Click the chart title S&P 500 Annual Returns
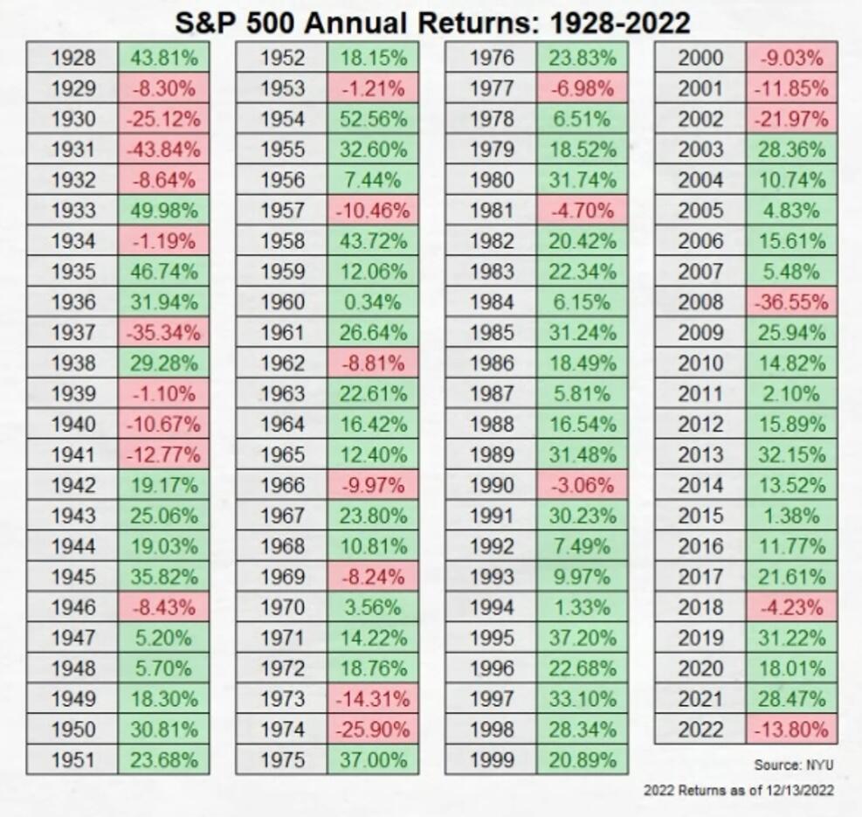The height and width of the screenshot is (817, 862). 432,21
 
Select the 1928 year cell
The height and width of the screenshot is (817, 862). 72,59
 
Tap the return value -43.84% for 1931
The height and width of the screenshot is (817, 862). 164,149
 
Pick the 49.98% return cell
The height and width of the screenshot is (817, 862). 164,211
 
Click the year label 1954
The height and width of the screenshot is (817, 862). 282,119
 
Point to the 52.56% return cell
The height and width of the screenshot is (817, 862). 373,119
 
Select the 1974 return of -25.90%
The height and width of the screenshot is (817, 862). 373,729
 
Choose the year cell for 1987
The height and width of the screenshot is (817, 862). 492,393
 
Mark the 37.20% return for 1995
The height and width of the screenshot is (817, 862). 583,638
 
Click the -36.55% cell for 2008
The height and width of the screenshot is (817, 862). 791,302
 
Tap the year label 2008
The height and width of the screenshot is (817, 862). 700,302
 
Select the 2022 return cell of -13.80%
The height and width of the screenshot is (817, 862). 791,729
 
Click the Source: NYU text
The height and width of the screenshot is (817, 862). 793,765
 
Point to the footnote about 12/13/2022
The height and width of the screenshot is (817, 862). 738,790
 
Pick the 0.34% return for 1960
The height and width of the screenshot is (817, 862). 373,302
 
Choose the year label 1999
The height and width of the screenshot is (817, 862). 492,759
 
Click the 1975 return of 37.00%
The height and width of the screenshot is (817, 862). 373,759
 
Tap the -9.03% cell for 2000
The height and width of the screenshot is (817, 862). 791,59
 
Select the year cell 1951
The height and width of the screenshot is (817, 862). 72,759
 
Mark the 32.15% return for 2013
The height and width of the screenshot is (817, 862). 791,454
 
